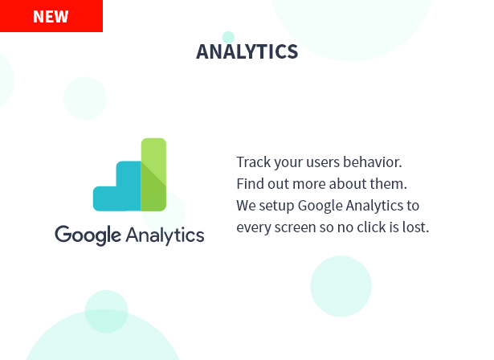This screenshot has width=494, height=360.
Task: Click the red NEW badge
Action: [51, 16]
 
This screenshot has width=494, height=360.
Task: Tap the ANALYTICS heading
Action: [247, 51]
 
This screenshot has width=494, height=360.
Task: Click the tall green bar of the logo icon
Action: [153, 174]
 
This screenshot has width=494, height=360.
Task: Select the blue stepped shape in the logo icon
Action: [117, 186]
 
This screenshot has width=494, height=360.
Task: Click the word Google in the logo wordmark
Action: [88, 235]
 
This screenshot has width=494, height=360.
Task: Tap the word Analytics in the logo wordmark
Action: [165, 235]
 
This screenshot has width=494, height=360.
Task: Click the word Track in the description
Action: [254, 162]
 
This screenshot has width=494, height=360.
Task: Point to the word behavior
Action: [373, 162]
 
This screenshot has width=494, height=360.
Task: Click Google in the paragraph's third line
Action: [320, 206]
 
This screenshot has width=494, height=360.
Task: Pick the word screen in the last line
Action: [295, 227]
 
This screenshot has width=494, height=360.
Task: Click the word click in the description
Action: [371, 227]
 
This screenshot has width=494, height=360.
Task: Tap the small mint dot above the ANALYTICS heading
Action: [228, 37]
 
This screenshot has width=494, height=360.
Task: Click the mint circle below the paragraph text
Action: [341, 286]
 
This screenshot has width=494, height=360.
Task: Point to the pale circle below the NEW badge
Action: [85, 98]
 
